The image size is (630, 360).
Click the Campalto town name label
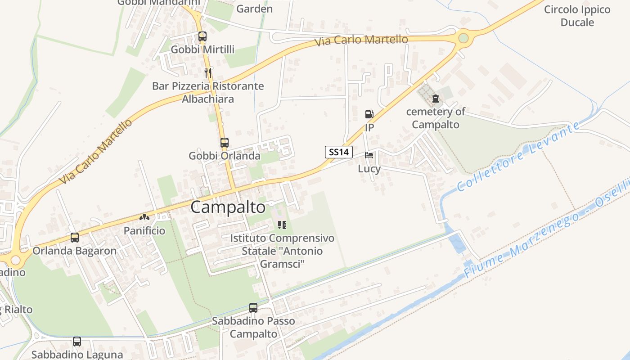coord(228,207)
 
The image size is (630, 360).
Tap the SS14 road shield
coord(338,152)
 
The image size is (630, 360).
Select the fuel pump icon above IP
coord(369,114)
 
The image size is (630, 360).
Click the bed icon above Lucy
coord(369,155)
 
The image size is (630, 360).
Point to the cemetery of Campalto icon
coord(435,99)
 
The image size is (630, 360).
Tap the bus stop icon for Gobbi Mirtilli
coord(202,36)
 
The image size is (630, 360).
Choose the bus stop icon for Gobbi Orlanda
coord(224,143)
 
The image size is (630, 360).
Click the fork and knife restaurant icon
coord(207,72)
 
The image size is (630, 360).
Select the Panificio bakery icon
coord(144,218)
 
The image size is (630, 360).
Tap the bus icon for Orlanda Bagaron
coord(75,237)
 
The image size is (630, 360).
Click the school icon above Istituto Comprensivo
coord(282,225)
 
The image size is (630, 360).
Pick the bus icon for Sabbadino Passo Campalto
coord(253,308)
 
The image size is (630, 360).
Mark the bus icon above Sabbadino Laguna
coord(77,342)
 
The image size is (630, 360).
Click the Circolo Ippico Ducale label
coord(577,16)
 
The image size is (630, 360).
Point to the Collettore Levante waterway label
coord(517,157)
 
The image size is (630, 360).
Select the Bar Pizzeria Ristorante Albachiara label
coord(208,92)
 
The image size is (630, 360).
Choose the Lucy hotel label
coord(369,169)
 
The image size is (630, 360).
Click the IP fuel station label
coord(369,128)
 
